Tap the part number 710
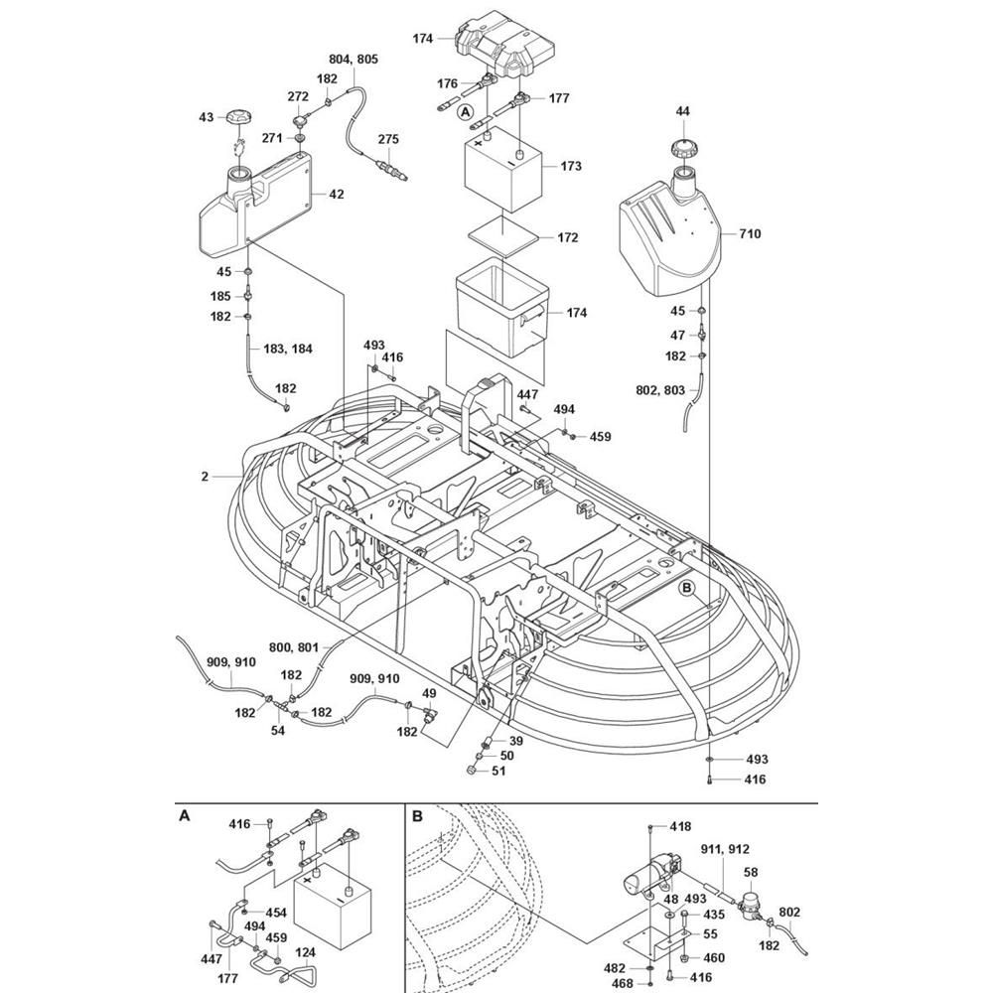click(750, 234)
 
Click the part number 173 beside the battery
click(570, 166)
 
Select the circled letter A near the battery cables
click(464, 113)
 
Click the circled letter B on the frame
click(685, 588)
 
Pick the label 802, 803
click(660, 392)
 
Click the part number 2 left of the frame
click(205, 477)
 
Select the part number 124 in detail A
click(307, 953)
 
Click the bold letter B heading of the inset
click(418, 816)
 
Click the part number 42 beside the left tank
click(337, 195)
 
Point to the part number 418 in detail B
click(680, 826)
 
